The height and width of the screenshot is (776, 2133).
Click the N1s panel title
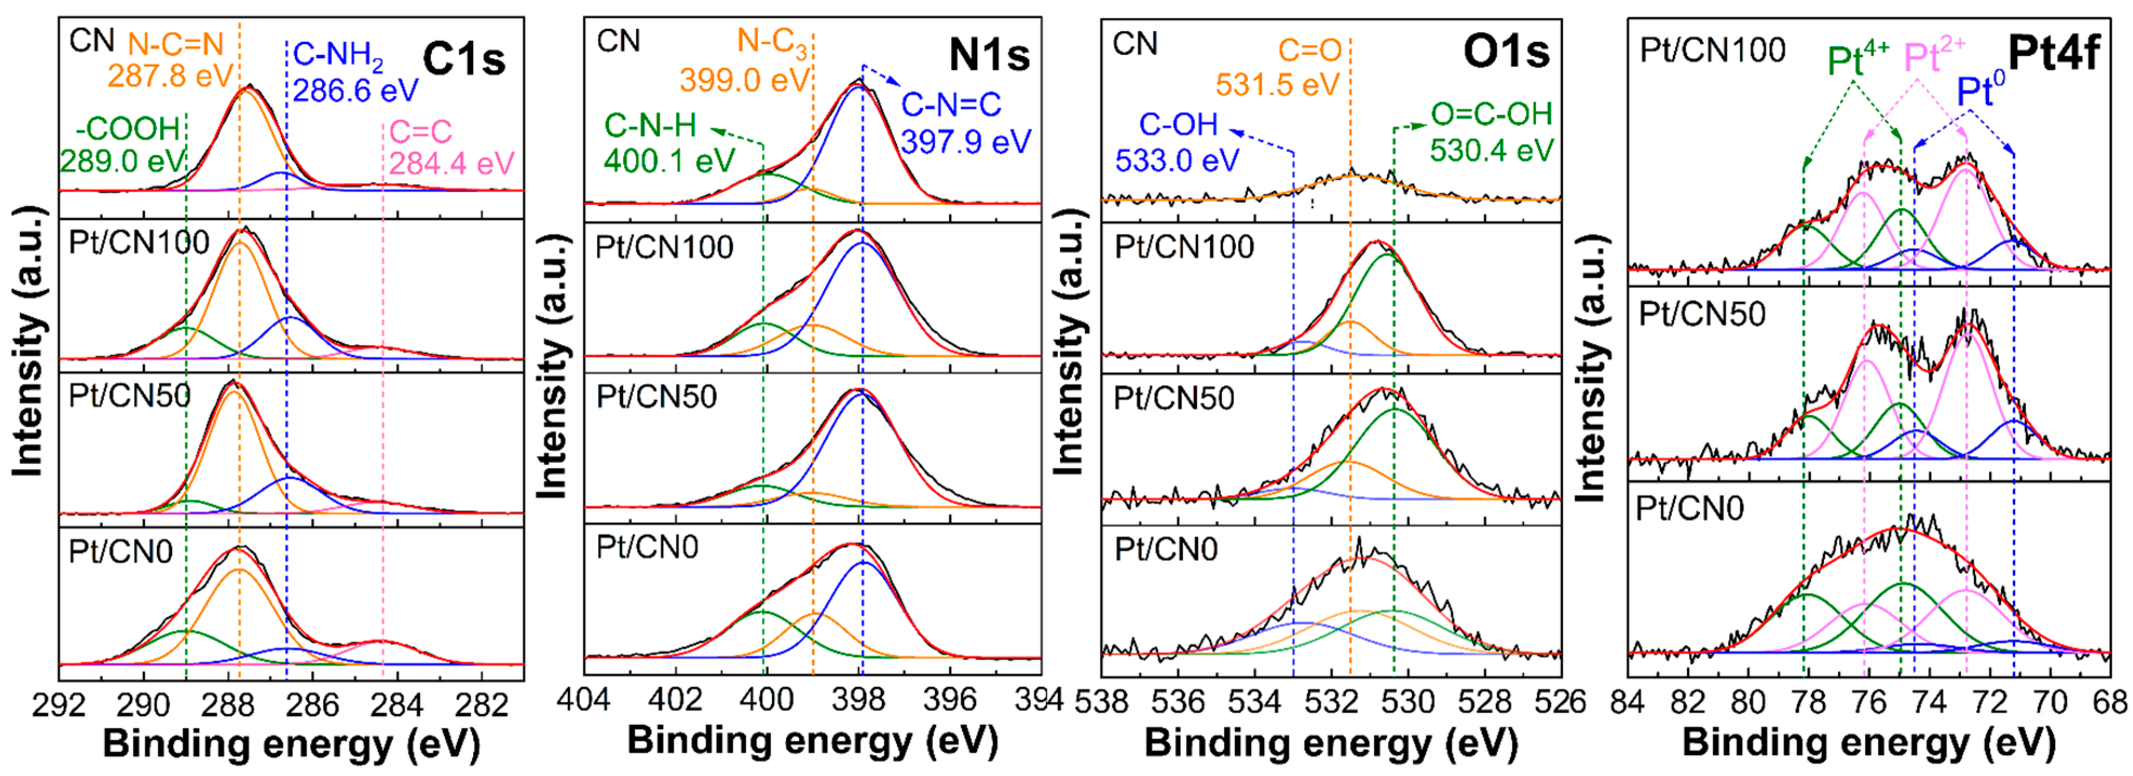[x=989, y=55]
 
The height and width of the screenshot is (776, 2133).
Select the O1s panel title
[x=1505, y=51]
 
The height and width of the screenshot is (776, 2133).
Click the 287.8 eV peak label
[x=170, y=76]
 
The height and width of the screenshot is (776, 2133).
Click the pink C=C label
[x=421, y=131]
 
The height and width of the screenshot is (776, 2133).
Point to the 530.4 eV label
[x=1491, y=150]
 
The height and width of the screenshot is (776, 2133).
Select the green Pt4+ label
[x=1857, y=60]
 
